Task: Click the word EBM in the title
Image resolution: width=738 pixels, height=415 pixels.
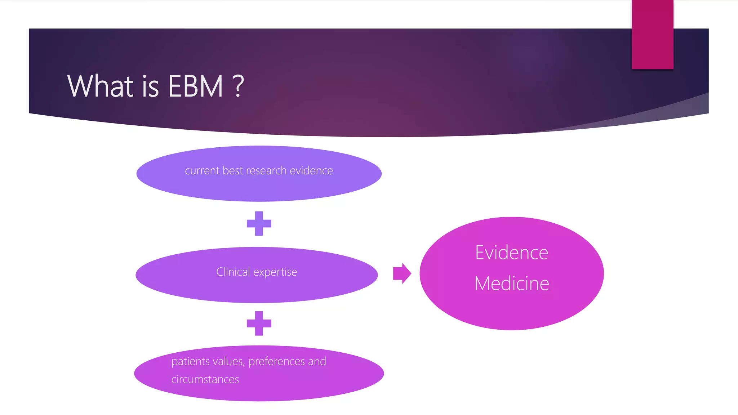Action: pos(195,86)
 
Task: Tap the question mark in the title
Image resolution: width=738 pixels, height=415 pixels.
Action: pos(238,86)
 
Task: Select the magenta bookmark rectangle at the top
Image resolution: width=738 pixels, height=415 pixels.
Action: pos(652,34)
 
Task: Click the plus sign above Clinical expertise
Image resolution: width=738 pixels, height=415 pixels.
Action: pos(259,223)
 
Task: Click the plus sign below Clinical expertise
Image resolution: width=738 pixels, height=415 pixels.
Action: pos(259,323)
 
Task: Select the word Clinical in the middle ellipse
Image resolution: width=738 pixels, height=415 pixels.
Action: pos(233,272)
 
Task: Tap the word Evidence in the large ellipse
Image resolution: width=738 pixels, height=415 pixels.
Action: pos(512,253)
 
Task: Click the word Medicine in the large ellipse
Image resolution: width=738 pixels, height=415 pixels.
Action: pos(512,284)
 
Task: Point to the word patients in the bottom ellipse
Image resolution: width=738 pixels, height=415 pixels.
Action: pos(191,361)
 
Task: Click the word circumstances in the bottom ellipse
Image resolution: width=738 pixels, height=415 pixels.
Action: pos(205,379)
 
